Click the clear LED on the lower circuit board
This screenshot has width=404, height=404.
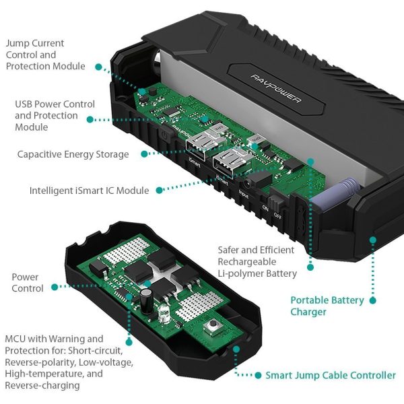click(x=164, y=311)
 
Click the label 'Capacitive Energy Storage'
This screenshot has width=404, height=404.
click(x=73, y=154)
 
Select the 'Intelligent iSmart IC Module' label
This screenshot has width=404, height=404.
click(x=89, y=191)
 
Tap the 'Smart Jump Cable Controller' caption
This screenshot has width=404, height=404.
click(x=330, y=375)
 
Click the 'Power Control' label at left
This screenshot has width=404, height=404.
click(x=28, y=283)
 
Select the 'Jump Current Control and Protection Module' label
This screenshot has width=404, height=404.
click(x=45, y=55)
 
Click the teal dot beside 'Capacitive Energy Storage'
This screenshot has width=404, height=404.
click(x=143, y=154)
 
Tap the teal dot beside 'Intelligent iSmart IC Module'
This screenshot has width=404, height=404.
click(x=159, y=191)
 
